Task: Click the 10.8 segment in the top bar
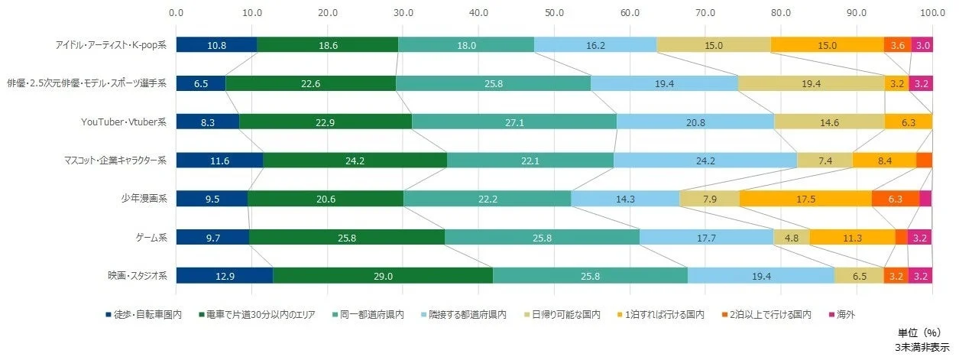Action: (x=216, y=45)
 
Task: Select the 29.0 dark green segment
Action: (x=382, y=275)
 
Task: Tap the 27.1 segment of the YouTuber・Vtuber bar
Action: (x=514, y=122)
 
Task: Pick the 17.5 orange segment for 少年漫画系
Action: (x=805, y=199)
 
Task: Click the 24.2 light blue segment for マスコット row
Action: (x=705, y=161)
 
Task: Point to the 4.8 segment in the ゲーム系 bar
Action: (x=791, y=237)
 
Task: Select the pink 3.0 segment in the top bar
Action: (x=922, y=45)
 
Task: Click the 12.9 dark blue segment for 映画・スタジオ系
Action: (x=224, y=275)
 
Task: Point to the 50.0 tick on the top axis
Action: (x=554, y=12)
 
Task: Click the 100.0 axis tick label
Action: (x=931, y=12)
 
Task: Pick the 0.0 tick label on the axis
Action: (x=176, y=12)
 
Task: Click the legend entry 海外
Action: (x=844, y=314)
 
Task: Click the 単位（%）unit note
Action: (x=922, y=334)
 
